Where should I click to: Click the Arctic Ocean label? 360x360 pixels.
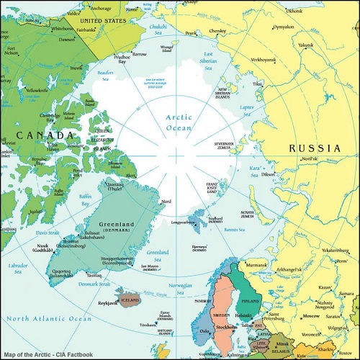tap(179, 122)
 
